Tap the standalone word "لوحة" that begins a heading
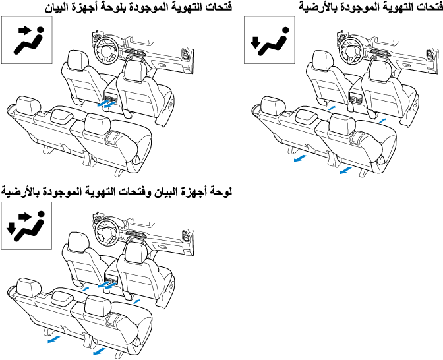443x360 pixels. pos(221,193)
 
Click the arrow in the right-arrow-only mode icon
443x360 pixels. pos(24,30)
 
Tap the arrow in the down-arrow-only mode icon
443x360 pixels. pos(255,42)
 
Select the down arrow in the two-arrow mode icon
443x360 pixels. pos(11,228)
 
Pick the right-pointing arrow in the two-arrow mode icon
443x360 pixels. pos(25,217)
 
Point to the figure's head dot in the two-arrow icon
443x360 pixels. pos(42,214)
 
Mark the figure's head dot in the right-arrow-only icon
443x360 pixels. pos(40,30)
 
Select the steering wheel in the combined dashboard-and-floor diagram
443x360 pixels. pos(106,233)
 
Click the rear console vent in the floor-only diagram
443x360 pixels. pos(356,99)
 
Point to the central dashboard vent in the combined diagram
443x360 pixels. pos(134,234)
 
